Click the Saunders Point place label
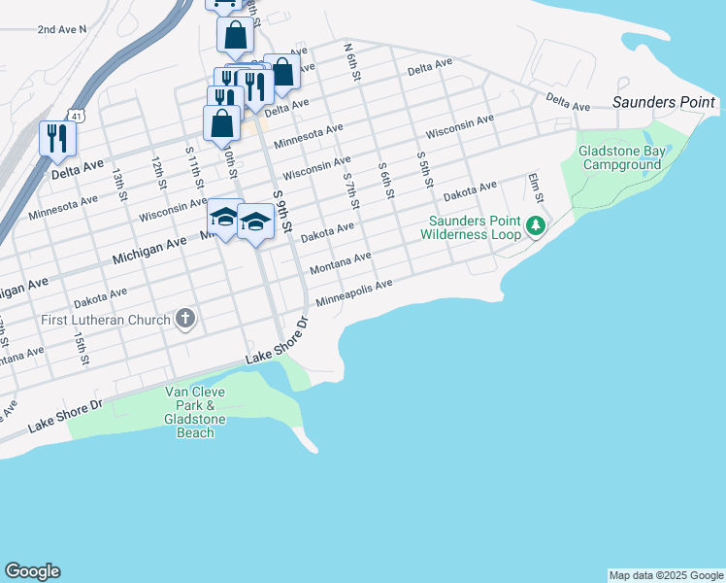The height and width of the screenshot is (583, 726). [x=664, y=102]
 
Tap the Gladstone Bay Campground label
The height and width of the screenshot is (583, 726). [x=621, y=157]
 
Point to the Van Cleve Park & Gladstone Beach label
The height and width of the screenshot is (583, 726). [x=195, y=412]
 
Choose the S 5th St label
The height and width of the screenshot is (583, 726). [x=422, y=169]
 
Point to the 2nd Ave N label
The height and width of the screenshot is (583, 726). [x=61, y=29]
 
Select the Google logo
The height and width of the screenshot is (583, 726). [x=32, y=571]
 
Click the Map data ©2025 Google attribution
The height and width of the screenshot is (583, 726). [x=666, y=575]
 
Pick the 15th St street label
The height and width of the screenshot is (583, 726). [x=81, y=348]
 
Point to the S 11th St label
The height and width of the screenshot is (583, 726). [x=193, y=166]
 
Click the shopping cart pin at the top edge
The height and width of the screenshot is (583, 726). [x=225, y=3]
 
